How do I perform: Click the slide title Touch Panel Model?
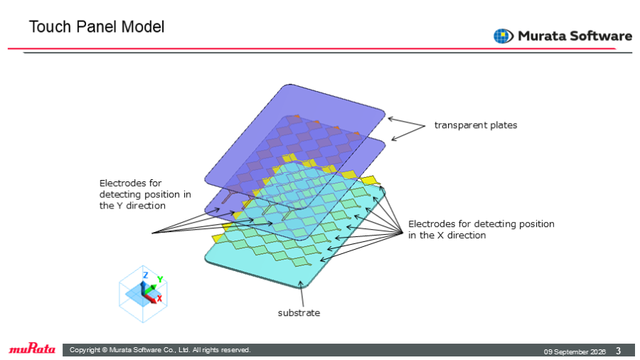(x=97, y=27)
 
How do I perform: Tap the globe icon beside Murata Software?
(x=503, y=36)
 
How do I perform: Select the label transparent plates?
(x=476, y=125)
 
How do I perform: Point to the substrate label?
(x=299, y=312)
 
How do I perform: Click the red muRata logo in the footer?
(x=32, y=349)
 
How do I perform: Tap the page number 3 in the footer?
(x=619, y=351)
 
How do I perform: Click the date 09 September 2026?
(x=575, y=351)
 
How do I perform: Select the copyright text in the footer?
(x=160, y=350)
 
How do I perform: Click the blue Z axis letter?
(x=145, y=275)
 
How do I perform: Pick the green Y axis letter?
(x=160, y=279)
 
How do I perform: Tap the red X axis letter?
(x=159, y=298)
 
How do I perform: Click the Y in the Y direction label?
(x=119, y=206)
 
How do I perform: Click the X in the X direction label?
(x=440, y=235)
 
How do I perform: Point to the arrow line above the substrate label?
(x=302, y=293)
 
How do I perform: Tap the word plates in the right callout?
(x=503, y=125)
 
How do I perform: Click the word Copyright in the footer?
(x=85, y=350)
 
